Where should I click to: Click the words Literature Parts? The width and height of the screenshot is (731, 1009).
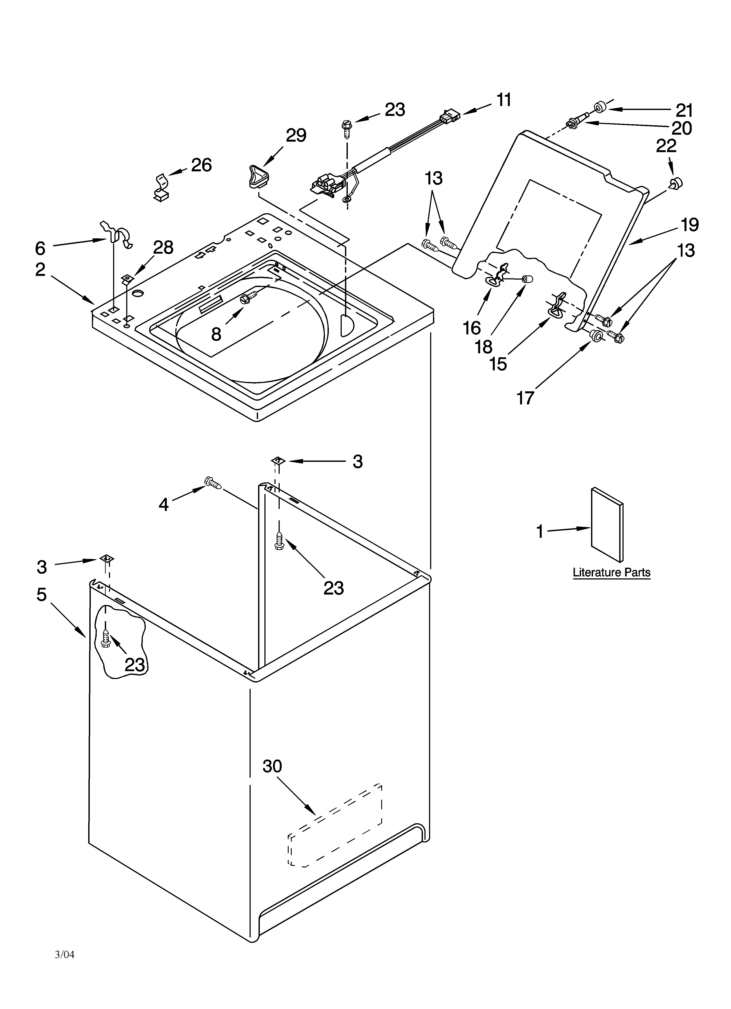pyautogui.click(x=611, y=572)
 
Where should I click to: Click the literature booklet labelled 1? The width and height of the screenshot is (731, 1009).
pyautogui.click(x=607, y=524)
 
